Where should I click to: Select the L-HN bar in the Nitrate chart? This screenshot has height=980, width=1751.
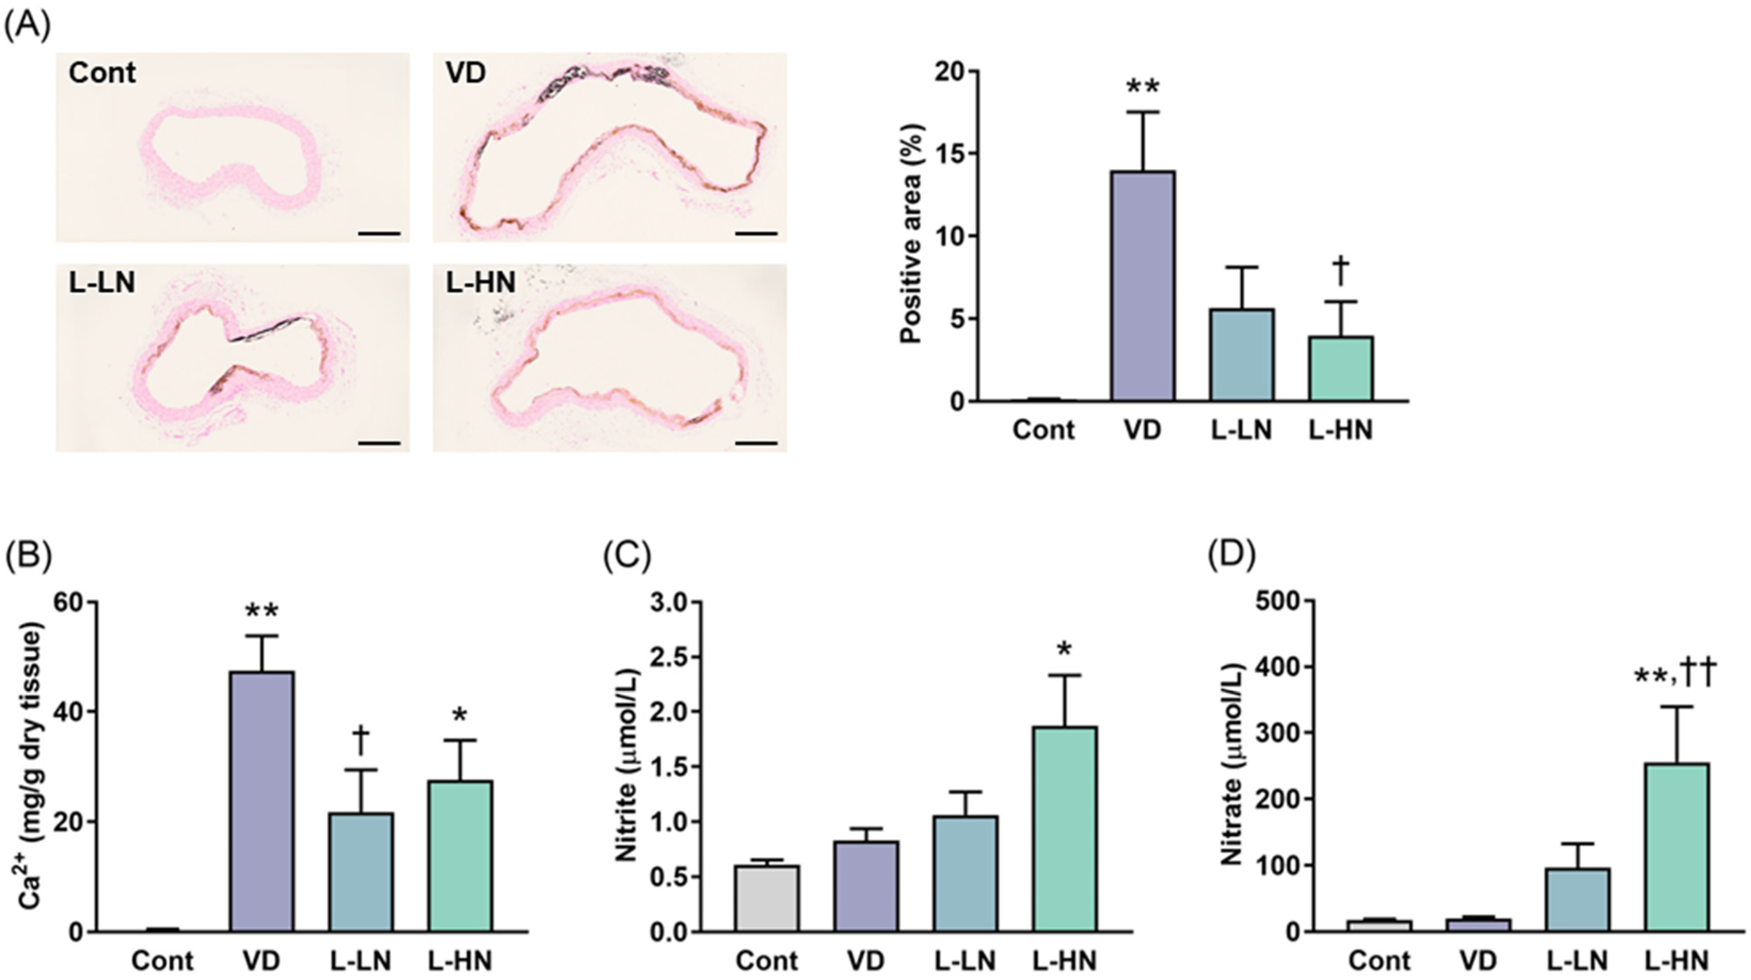(1676, 847)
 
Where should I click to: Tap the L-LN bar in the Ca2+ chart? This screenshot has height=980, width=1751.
(361, 872)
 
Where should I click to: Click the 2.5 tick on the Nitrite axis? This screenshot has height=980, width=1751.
(672, 657)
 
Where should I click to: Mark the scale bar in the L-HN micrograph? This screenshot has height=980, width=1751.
(756, 443)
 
